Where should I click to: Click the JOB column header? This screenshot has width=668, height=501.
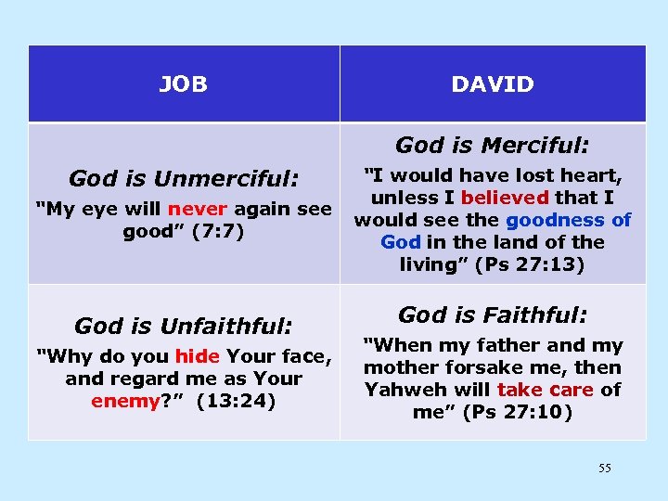click(x=183, y=84)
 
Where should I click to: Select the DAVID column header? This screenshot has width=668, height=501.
click(x=493, y=84)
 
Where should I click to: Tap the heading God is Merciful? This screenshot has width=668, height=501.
click(x=493, y=146)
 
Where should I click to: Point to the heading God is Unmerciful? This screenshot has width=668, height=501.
click(x=184, y=179)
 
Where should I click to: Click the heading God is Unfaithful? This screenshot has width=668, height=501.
click(x=184, y=326)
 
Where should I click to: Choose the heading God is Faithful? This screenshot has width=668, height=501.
click(x=493, y=315)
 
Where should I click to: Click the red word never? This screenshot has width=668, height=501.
click(x=197, y=209)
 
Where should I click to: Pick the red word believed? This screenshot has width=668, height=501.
click(x=505, y=198)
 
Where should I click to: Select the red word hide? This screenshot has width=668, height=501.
click(x=196, y=356)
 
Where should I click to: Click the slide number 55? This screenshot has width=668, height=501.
click(x=604, y=469)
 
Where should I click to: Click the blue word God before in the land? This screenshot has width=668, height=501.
click(x=401, y=242)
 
